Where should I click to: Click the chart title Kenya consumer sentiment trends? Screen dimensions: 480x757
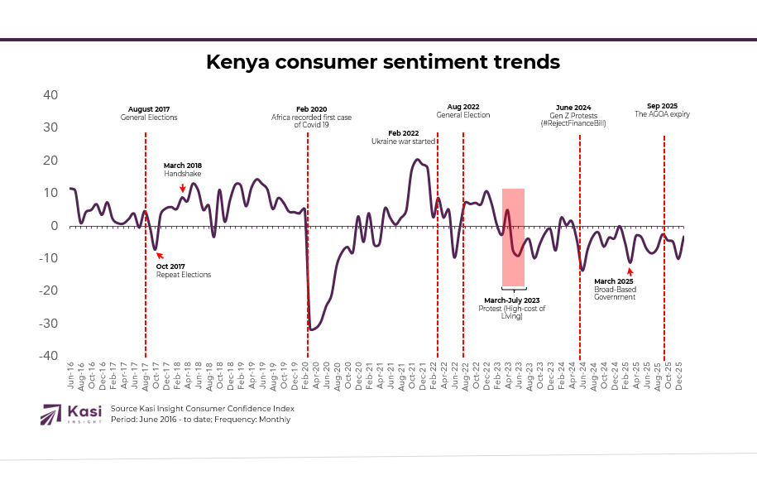382,63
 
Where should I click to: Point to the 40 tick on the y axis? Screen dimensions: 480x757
50,95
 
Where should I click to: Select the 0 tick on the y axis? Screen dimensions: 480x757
54,225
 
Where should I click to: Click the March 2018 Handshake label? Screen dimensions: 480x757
182,170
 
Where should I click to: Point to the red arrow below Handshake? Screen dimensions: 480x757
182,189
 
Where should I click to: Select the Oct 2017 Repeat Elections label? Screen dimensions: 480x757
183,271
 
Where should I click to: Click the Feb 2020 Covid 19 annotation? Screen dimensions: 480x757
311,118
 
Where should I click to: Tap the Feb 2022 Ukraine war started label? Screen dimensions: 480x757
404,137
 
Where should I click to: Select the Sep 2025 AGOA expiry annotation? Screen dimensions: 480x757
662,110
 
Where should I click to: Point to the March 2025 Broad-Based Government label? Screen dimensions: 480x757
614,289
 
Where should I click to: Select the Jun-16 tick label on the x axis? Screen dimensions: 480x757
70,376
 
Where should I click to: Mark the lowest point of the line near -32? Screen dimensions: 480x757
311,329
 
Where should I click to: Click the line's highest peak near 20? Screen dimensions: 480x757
417,160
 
